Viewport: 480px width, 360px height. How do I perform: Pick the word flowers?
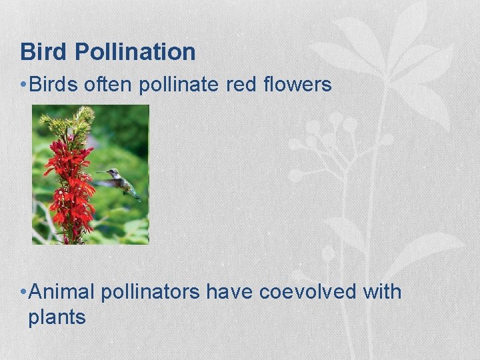coord(298,84)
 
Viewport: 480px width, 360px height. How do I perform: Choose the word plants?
coord(57,317)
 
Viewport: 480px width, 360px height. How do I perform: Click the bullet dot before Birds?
coord(23,85)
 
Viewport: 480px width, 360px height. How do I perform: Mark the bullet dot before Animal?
coord(23,293)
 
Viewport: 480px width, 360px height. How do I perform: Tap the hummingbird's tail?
coord(135,195)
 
